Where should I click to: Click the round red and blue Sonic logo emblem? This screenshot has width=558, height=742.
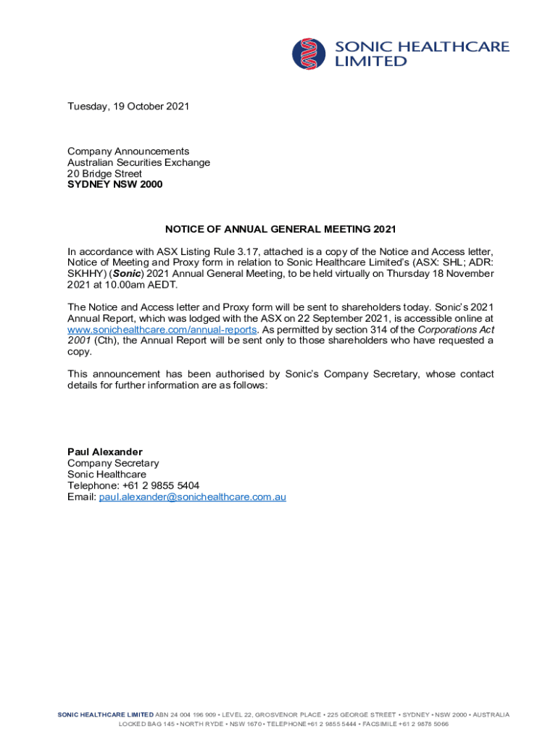tap(309, 54)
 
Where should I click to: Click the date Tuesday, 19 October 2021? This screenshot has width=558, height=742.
tap(128, 107)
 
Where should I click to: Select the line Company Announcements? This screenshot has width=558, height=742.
tap(128, 151)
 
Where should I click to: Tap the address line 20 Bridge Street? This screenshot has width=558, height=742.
tap(104, 174)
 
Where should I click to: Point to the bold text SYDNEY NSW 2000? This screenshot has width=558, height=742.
tap(115, 185)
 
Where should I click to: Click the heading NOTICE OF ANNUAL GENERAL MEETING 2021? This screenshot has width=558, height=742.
tap(280, 230)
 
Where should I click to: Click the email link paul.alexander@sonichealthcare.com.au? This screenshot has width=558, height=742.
tap(193, 497)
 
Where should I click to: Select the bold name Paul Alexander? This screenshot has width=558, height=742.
tap(105, 452)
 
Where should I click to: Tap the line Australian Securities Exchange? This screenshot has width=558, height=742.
tap(138, 162)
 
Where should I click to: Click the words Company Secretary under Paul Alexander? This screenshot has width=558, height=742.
tap(113, 463)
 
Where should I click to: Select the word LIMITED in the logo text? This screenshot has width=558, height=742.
tap(370, 62)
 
